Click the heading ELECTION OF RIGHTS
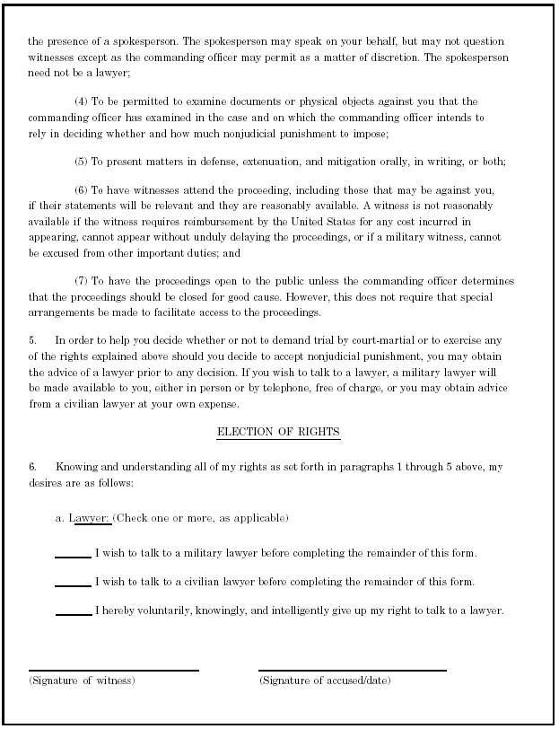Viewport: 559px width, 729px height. tap(278, 433)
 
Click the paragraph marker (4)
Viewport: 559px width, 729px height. tap(82, 101)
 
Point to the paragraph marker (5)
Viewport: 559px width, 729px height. tap(82, 162)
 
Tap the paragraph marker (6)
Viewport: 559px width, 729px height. tap(82, 191)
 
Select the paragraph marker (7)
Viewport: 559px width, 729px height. tap(82, 280)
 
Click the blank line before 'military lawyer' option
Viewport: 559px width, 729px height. tap(73, 557)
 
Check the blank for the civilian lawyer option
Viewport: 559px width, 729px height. tap(73, 585)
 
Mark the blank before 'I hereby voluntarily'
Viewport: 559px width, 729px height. tap(73, 614)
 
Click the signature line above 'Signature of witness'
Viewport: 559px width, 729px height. tap(114, 670)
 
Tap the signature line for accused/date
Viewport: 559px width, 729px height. tap(352, 670)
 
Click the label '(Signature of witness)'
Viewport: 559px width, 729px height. tap(82, 681)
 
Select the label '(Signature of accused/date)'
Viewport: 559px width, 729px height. tap(325, 681)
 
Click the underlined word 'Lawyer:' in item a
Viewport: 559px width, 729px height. tap(90, 518)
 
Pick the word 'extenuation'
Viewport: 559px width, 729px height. tap(237, 162)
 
